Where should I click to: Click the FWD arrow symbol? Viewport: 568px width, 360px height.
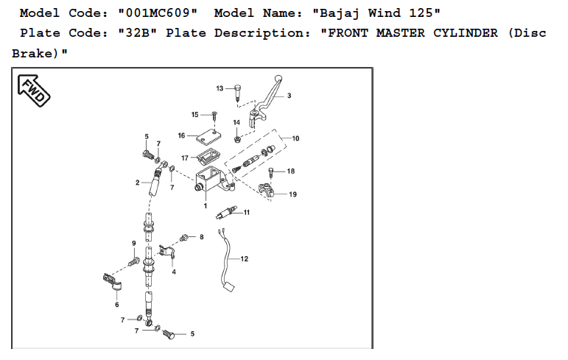(33, 89)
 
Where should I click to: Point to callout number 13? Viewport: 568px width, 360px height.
(219, 88)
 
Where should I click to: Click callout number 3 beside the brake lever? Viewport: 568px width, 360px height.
(289, 96)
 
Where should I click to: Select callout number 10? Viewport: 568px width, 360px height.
(295, 138)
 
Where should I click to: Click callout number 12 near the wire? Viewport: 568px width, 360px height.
(245, 259)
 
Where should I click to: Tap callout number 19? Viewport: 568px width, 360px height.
(292, 194)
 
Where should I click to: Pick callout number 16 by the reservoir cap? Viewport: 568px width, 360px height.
(181, 135)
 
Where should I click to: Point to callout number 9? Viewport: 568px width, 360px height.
(133, 243)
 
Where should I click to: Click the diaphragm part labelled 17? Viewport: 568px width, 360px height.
(207, 157)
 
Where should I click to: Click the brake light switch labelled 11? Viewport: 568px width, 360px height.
(225, 213)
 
